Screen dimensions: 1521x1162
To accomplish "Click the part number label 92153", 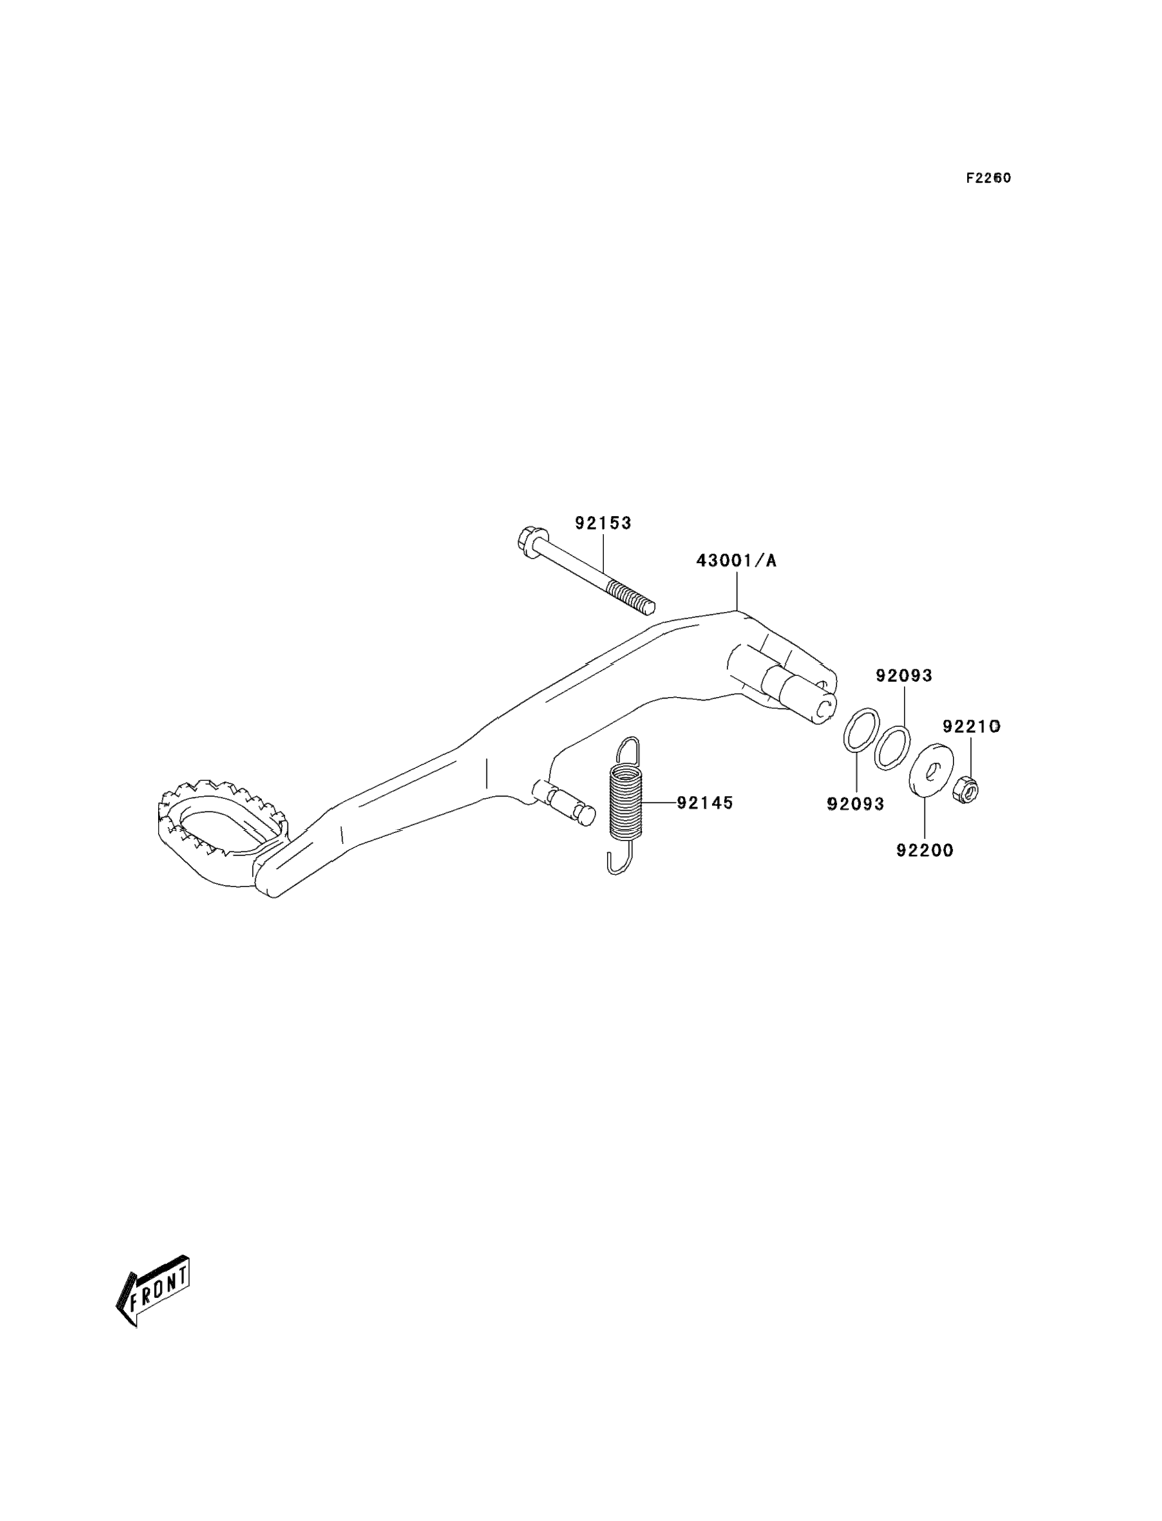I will (x=602, y=524).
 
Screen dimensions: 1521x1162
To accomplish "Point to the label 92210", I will (x=971, y=726).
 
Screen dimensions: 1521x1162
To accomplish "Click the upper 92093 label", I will (x=903, y=675).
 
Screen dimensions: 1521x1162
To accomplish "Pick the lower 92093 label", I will (x=855, y=804).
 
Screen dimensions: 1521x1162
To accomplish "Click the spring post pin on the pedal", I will (x=567, y=804).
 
